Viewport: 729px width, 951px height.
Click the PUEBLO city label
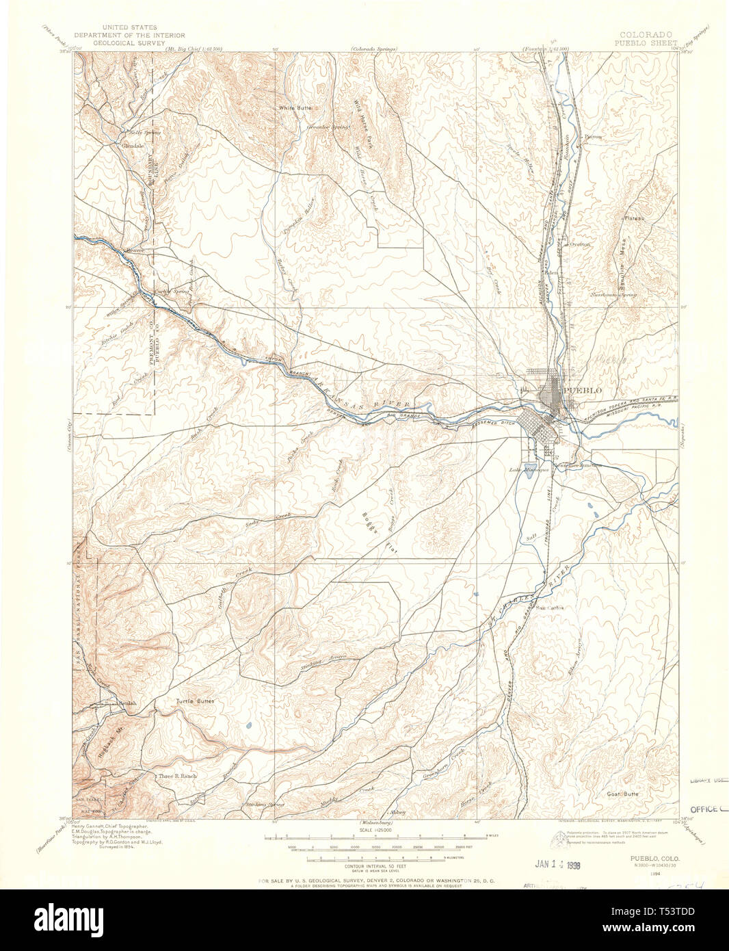[x=581, y=390]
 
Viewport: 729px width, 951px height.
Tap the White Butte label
[x=295, y=108]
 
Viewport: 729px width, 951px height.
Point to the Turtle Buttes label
[x=195, y=701]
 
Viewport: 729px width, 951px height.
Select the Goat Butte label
[x=622, y=794]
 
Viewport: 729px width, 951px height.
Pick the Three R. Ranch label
[x=177, y=777]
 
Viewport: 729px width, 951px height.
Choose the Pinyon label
[x=593, y=136]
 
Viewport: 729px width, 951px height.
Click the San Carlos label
[x=549, y=607]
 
